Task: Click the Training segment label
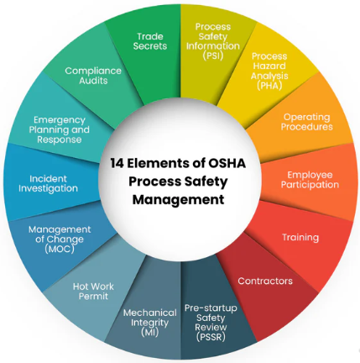(x=300, y=237)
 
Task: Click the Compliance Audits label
(x=93, y=76)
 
